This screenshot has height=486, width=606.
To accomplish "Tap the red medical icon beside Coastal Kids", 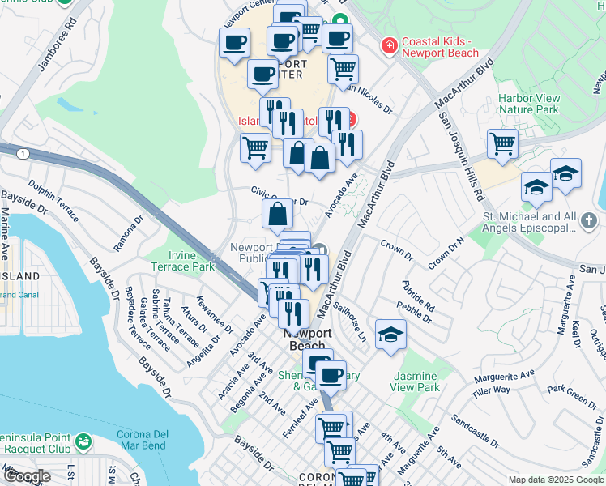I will [x=390, y=45].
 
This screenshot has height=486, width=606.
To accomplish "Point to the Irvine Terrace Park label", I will [x=181, y=259].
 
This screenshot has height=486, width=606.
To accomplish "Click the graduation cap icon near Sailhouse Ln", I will [x=391, y=334].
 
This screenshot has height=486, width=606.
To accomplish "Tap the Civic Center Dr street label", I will [x=280, y=197].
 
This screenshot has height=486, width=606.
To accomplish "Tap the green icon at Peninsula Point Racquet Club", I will [x=83, y=441].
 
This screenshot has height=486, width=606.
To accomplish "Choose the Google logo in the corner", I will [x=27, y=476].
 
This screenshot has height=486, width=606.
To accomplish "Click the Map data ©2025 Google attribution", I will [x=556, y=480].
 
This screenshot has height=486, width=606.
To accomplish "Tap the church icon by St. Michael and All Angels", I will [x=589, y=220].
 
